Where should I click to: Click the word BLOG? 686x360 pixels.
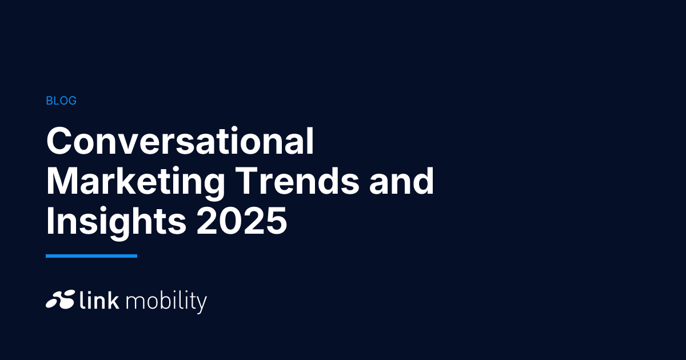(61, 101)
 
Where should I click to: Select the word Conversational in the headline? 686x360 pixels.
(180, 141)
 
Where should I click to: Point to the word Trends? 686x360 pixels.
(297, 181)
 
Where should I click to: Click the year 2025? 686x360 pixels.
(242, 221)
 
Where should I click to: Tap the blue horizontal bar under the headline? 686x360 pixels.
(91, 256)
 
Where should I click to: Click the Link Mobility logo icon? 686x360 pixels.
(61, 299)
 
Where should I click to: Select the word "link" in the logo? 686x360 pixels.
(99, 299)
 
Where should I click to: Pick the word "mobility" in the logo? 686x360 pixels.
(166, 302)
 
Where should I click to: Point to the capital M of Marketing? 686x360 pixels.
(63, 181)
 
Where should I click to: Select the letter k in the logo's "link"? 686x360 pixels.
(113, 299)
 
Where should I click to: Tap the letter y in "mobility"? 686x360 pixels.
(201, 305)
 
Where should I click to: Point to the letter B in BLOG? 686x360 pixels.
(49, 101)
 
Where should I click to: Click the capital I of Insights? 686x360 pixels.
(49, 221)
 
